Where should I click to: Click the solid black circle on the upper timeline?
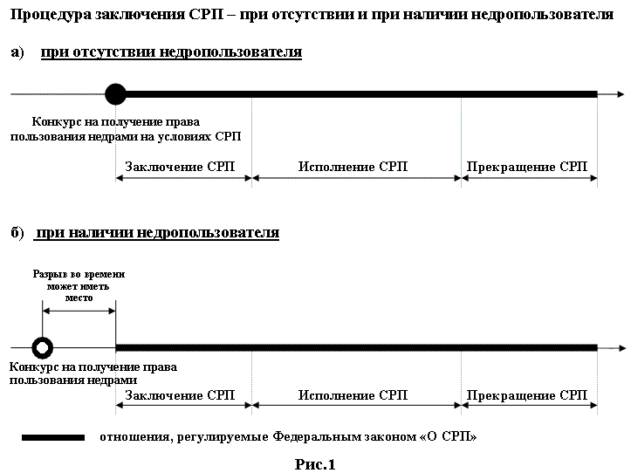point(115,94)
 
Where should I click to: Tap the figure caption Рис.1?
point(315,464)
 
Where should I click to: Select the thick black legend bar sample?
point(53,437)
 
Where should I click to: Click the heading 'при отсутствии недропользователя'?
point(171,52)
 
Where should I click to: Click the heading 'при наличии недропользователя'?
point(157,233)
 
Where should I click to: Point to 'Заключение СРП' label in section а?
point(180,167)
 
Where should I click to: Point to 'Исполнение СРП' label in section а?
point(353,167)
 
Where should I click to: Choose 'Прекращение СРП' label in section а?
point(527,167)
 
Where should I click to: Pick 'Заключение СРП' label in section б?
point(180,395)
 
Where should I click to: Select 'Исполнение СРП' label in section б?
point(353,395)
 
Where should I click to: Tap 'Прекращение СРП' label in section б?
point(527,395)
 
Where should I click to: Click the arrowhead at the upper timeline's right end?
point(621,94)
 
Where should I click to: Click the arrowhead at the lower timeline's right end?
point(621,348)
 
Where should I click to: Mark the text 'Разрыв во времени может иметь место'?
point(79,286)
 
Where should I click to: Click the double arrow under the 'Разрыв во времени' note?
point(79,311)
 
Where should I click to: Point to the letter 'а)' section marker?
point(17,52)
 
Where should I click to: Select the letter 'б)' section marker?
point(17,233)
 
